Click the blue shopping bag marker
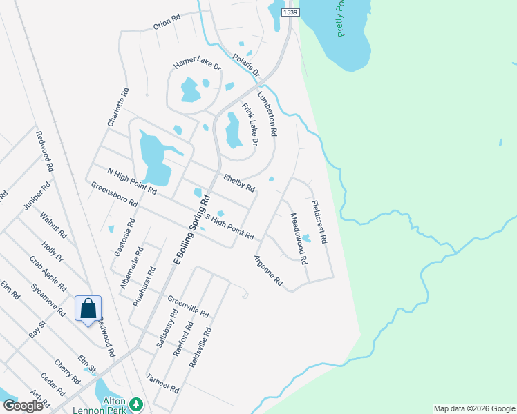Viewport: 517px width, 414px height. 88,308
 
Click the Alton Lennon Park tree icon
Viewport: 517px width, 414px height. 137,402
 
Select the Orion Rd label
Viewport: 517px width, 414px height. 166,23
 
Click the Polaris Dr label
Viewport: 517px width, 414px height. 245,64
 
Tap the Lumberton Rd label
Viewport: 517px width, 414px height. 267,113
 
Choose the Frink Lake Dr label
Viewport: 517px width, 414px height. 250,124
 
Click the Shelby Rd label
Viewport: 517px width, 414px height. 238,183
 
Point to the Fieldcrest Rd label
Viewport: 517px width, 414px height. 319,221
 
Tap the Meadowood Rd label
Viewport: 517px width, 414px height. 298,239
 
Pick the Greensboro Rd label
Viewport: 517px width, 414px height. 114,195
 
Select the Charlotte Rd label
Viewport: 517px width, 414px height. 118,106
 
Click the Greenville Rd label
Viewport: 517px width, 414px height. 188,306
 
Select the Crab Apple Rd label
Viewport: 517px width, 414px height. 48,273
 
